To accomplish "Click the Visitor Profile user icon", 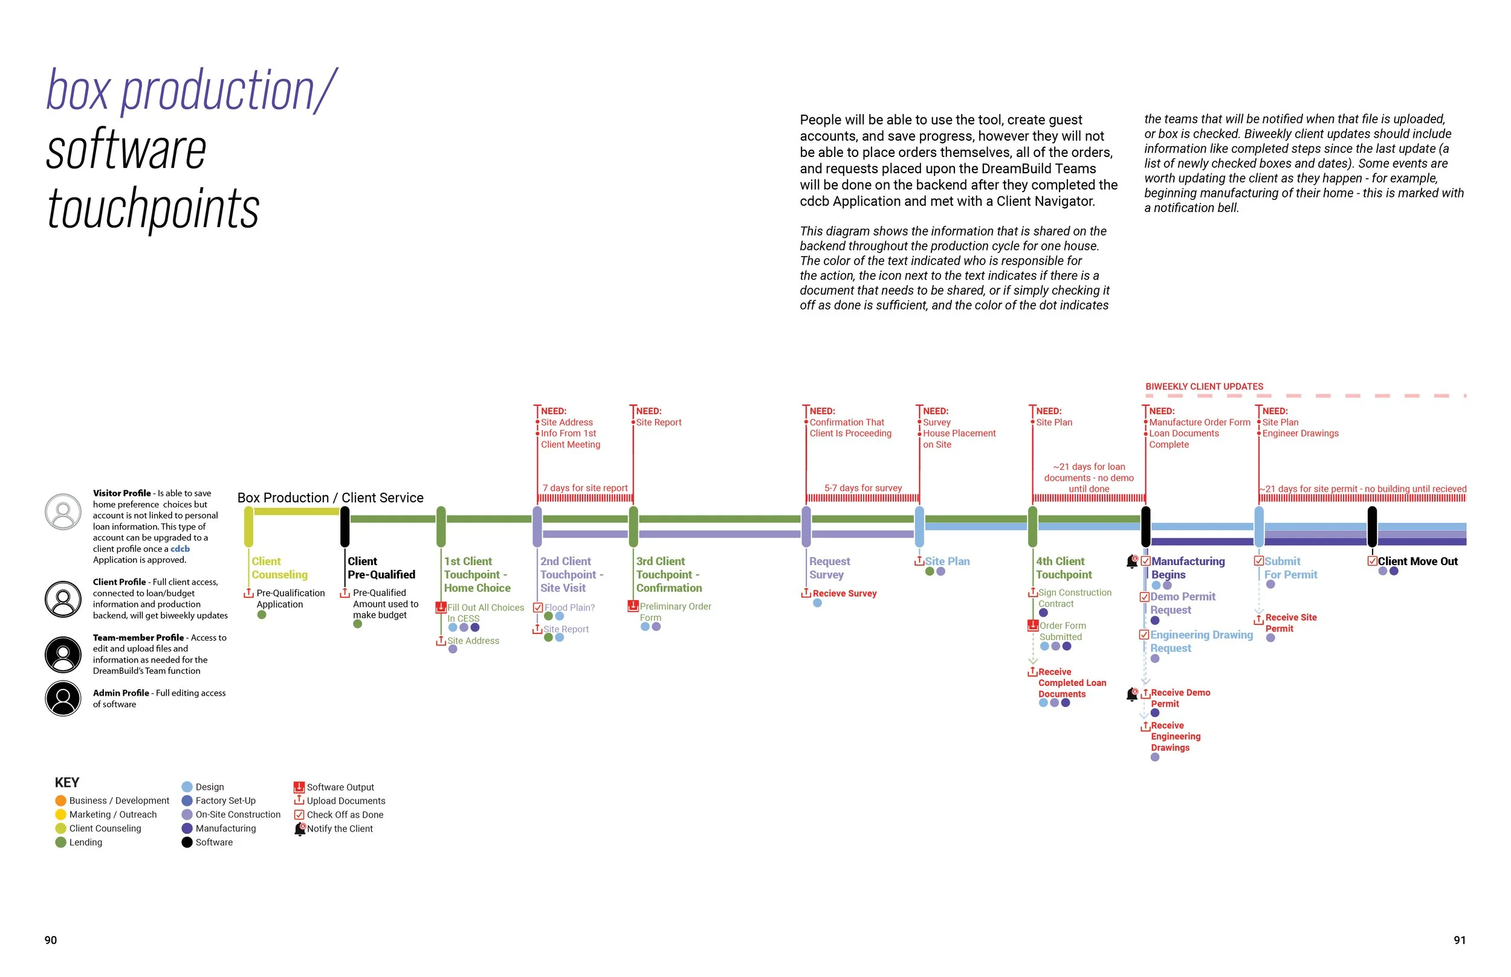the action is point(63,512).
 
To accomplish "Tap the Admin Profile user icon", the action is point(63,699).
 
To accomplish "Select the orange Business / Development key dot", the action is point(60,801).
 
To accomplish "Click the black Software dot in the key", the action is point(187,842).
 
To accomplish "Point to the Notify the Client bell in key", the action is point(300,829).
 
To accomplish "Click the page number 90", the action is point(51,940).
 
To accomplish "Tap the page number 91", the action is point(1460,940).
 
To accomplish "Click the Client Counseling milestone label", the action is point(279,568).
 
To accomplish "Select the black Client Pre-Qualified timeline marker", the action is point(345,527).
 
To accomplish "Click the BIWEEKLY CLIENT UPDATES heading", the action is point(1204,386).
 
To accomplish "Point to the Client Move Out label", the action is point(1417,562).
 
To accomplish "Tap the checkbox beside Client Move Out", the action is point(1372,562).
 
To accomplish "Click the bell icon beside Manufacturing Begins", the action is point(1132,562).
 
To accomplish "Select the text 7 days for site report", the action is point(584,488).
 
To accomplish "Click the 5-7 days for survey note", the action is point(863,488).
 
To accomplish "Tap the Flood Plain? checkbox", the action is point(538,608).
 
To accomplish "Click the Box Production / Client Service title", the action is point(330,498).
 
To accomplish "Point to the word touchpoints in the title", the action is point(153,209).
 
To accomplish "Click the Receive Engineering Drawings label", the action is point(1175,737).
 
